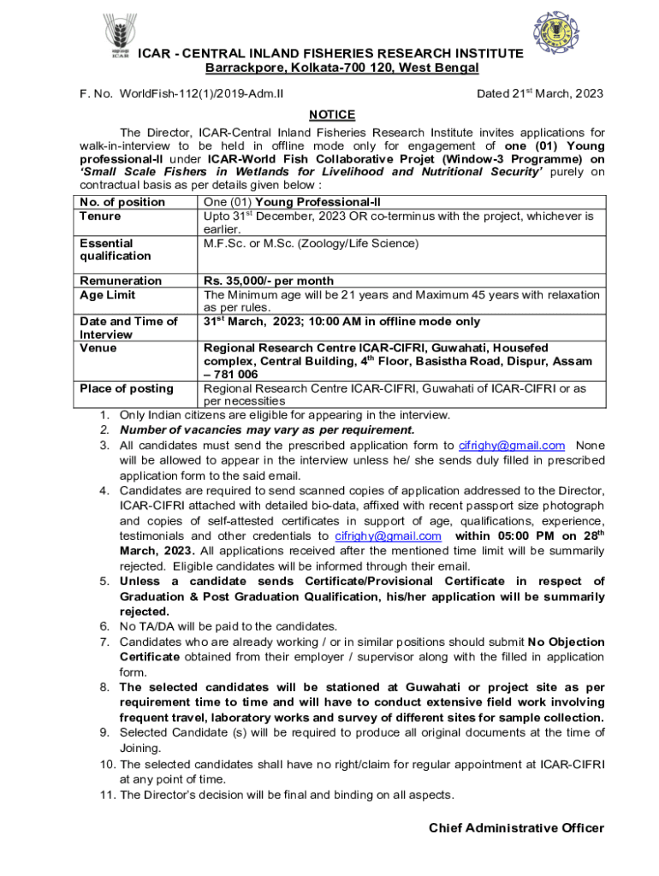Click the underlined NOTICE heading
(x=332, y=115)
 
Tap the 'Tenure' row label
(x=100, y=216)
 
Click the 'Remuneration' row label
(x=121, y=281)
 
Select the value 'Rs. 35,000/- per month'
(x=269, y=281)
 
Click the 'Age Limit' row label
(x=107, y=294)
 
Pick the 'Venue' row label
(x=98, y=348)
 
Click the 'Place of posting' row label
(x=127, y=388)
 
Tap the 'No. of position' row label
(x=122, y=202)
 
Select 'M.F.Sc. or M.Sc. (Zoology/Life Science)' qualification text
(x=311, y=244)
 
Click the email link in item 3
(x=512, y=445)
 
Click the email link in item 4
(x=389, y=536)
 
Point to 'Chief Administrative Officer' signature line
(x=516, y=828)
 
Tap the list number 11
(x=106, y=795)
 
